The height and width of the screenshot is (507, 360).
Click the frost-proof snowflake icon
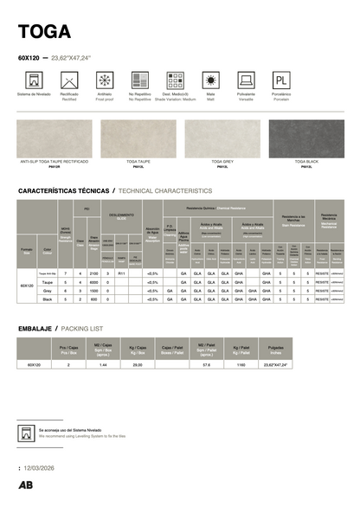104,80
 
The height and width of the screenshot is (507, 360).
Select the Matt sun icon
210,80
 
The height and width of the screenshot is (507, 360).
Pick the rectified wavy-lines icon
68,80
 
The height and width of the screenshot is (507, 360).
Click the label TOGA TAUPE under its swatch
138,162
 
